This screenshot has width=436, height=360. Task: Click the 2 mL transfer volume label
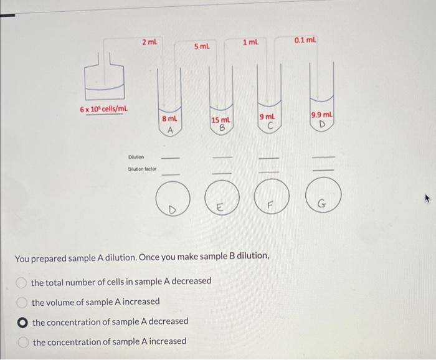pos(149,42)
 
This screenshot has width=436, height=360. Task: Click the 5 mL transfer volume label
pos(202,47)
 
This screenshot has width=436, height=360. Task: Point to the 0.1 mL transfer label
pos(305,40)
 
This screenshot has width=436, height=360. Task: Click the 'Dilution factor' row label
pos(142,169)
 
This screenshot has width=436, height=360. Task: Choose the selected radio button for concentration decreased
pos(22,322)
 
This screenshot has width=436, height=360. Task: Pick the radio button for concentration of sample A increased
pos(22,342)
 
